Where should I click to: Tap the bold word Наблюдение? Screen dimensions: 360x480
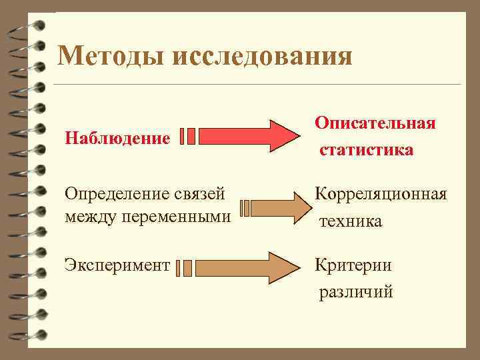point(117,139)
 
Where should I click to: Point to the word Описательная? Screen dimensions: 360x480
point(375,123)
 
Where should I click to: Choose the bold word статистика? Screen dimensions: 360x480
point(366,149)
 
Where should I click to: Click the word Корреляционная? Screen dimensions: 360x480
point(381,194)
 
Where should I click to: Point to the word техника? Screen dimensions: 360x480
point(351,221)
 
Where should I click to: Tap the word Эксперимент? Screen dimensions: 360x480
point(117,265)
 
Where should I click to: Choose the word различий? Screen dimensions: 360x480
point(356,291)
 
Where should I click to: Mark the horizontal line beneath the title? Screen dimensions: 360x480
point(257,85)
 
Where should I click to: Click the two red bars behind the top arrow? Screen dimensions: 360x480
point(187,137)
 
